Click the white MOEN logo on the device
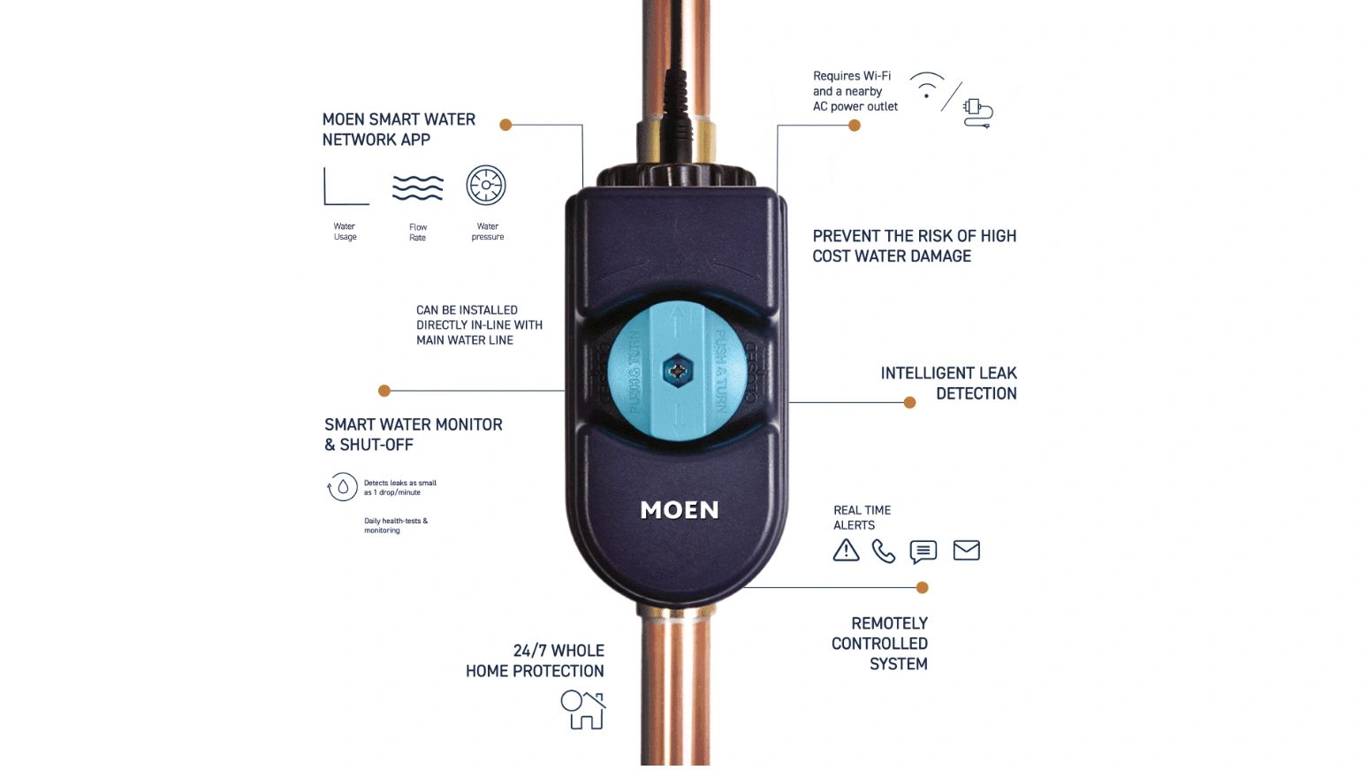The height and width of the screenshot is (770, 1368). [679, 510]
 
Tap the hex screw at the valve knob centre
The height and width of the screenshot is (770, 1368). [677, 370]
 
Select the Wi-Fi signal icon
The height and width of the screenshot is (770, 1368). [926, 86]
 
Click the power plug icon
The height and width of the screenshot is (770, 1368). [977, 112]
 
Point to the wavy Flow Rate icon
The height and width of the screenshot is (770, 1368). [417, 187]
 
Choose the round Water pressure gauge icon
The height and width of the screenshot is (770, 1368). [486, 186]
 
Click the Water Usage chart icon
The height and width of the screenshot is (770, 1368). [346, 187]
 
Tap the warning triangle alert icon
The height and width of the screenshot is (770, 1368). [846, 551]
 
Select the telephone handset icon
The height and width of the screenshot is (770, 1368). [883, 552]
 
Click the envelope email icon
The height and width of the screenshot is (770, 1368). [966, 551]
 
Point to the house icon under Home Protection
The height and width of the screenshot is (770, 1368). [583, 710]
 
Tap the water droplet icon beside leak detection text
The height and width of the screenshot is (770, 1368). [342, 487]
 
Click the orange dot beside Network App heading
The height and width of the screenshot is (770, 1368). [505, 125]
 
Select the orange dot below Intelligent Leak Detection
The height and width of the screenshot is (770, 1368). [909, 402]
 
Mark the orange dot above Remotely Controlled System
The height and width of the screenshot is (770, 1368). [922, 587]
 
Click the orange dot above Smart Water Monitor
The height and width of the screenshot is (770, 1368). [384, 391]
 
